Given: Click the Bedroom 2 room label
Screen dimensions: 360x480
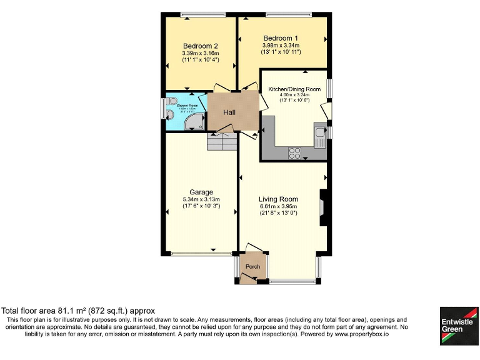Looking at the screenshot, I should click(200, 46).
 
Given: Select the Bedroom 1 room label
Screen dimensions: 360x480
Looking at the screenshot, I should click(280, 37).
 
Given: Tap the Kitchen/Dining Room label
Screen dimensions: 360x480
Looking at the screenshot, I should click(294, 89).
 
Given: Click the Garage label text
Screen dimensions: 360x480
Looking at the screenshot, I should click(201, 192).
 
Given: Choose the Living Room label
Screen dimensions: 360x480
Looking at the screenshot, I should click(278, 199).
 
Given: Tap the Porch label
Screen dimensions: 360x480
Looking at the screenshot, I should click(252, 267).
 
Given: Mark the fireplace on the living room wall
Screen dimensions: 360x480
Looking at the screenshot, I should click(322, 207).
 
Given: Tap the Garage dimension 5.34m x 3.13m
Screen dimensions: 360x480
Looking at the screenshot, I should click(201, 200).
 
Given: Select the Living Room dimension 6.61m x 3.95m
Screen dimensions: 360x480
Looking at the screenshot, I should click(278, 206).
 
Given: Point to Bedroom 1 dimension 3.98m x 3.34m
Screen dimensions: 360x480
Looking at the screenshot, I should click(280, 45).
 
